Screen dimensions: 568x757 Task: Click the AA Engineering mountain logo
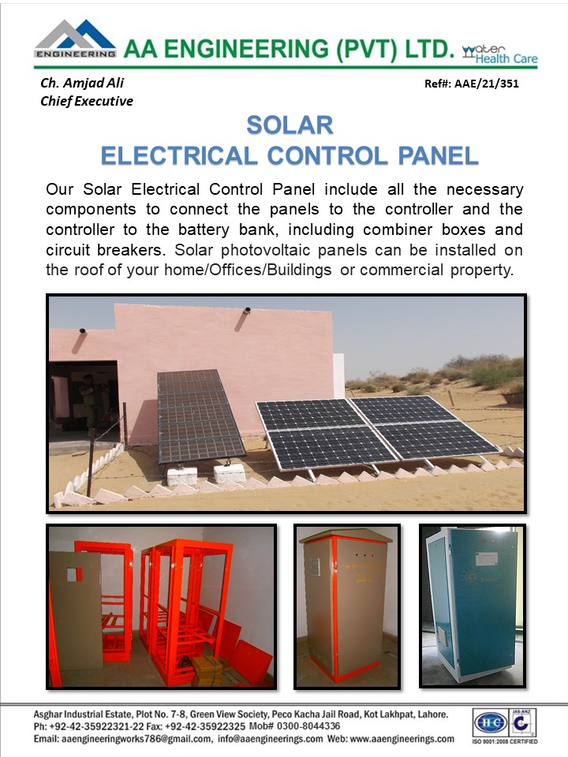[76, 39]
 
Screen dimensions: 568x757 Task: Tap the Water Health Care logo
[499, 54]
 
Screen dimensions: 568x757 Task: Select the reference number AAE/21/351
[487, 84]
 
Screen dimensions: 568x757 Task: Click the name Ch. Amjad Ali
[82, 83]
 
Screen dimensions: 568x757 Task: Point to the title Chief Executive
[87, 101]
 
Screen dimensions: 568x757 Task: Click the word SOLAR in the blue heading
[290, 125]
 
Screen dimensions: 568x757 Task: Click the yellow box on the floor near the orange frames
[207, 670]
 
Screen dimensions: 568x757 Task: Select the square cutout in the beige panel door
[72, 575]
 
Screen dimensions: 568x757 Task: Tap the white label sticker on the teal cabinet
[487, 558]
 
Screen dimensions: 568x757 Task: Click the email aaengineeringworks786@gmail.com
[136, 739]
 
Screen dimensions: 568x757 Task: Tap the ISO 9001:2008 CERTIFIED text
[505, 741]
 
